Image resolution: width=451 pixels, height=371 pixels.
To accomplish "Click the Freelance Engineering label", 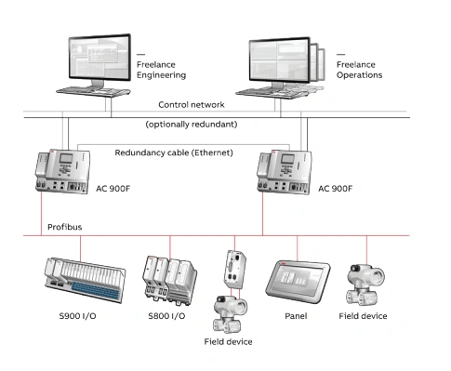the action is pyautogui.click(x=161, y=70).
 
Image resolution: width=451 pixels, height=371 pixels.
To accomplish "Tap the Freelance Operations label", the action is pyautogui.click(x=359, y=70).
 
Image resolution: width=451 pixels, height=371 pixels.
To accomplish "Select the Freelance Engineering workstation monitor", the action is pyautogui.click(x=99, y=59).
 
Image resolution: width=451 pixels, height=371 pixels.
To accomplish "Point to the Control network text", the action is pyautogui.click(x=192, y=105).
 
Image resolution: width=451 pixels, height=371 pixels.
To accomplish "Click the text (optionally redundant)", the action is pyautogui.click(x=192, y=125).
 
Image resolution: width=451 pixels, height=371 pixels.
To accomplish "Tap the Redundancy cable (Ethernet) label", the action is pyautogui.click(x=174, y=152).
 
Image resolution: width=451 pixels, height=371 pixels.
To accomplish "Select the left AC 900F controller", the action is pyautogui.click(x=62, y=171).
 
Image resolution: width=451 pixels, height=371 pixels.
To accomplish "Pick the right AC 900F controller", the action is pyautogui.click(x=285, y=172).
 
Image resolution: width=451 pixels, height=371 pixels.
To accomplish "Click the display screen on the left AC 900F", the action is pyautogui.click(x=66, y=158).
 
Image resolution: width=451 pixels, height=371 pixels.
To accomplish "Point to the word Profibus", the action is pyautogui.click(x=65, y=227).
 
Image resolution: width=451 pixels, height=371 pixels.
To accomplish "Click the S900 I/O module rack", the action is pyautogui.click(x=86, y=279).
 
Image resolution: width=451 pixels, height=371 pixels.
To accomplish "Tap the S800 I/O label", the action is pyautogui.click(x=166, y=316).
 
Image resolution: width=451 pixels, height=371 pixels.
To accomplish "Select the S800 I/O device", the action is pyautogui.click(x=169, y=280).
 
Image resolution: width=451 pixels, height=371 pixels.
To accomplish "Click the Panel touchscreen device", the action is pyautogui.click(x=298, y=283).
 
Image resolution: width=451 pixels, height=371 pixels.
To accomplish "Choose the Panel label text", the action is pyautogui.click(x=296, y=316).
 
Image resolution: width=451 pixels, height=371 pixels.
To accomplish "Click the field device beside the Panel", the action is pyautogui.click(x=365, y=285).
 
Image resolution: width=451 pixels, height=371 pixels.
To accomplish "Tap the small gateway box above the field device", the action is pyautogui.click(x=235, y=269).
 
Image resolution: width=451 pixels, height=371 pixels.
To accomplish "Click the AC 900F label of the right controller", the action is pyautogui.click(x=336, y=189).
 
